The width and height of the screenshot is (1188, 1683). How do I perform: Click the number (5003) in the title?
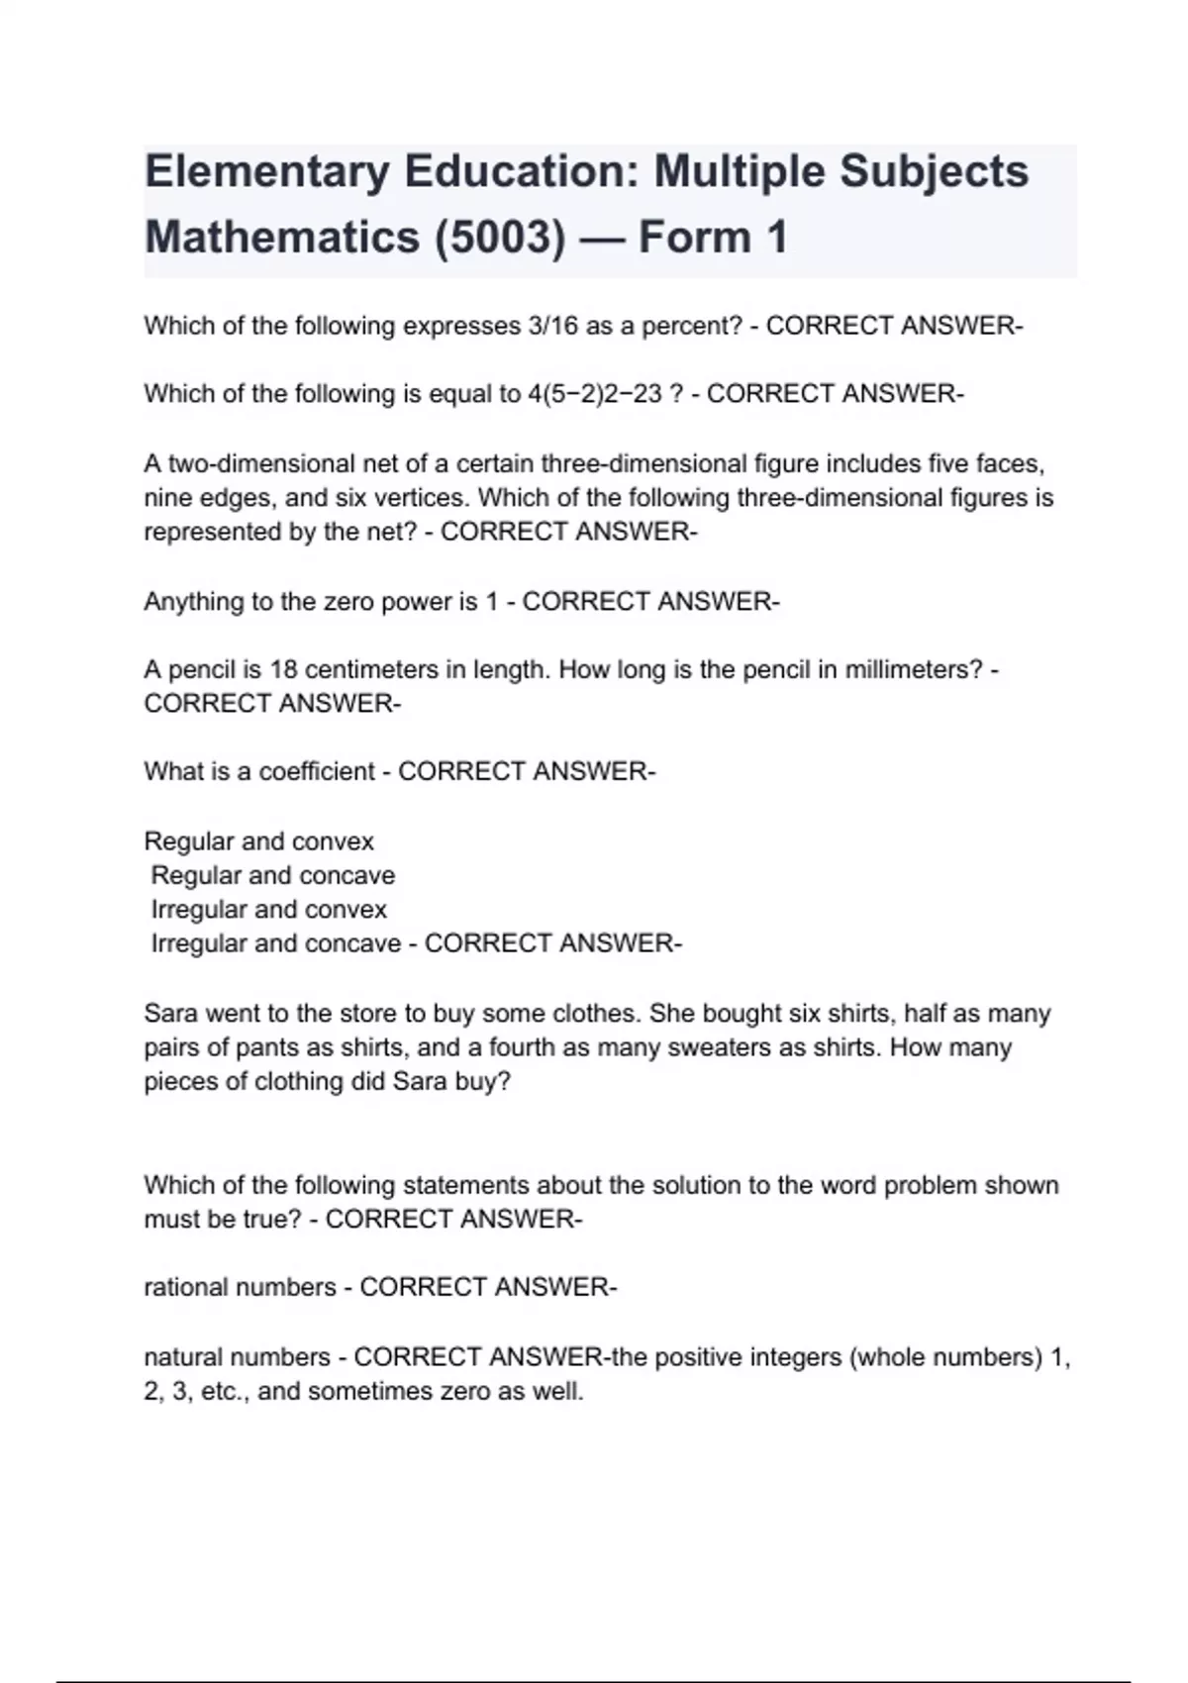tap(500, 238)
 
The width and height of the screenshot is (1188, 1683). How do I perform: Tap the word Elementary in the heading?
tap(266, 171)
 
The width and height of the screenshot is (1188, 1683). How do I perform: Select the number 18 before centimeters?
tap(284, 669)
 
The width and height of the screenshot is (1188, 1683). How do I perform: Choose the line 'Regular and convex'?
tap(259, 841)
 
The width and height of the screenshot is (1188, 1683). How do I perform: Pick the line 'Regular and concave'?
tap(272, 875)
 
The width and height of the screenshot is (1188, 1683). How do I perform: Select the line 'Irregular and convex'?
tap(268, 909)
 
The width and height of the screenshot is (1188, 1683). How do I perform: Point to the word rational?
tap(185, 1287)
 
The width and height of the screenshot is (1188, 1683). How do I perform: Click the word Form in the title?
tap(694, 238)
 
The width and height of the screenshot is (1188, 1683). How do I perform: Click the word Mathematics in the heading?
tap(282, 238)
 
